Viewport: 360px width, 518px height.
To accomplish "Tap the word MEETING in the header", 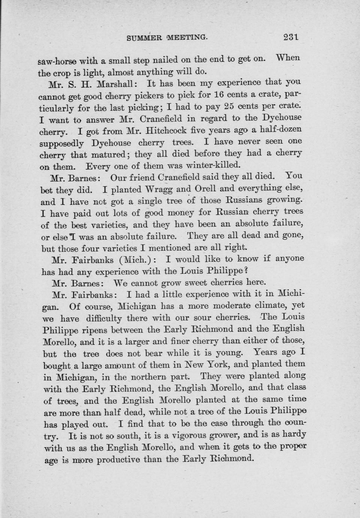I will coord(186,37).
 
